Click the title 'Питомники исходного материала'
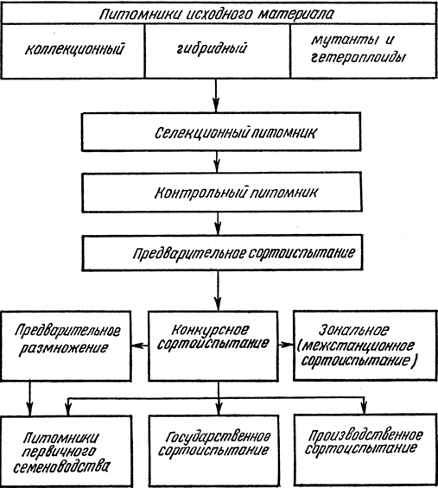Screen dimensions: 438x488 click(x=216, y=15)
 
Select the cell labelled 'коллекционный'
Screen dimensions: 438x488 click(x=73, y=51)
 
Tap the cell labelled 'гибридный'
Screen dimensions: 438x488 click(x=218, y=51)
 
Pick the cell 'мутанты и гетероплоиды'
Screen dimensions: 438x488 click(x=364, y=51)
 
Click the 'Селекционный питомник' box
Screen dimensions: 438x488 click(x=221, y=132)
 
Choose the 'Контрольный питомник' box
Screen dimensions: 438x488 click(x=222, y=193)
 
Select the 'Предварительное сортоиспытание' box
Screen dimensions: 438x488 click(x=222, y=253)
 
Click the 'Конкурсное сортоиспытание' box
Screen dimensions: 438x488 click(x=213, y=345)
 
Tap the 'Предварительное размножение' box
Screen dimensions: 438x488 click(x=66, y=345)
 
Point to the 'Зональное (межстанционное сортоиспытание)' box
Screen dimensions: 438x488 click(x=365, y=345)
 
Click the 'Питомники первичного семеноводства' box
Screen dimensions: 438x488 click(x=66, y=451)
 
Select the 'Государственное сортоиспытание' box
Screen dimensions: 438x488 click(x=213, y=451)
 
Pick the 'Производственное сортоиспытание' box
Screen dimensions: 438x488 click(x=365, y=450)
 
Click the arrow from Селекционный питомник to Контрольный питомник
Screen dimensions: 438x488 click(x=218, y=162)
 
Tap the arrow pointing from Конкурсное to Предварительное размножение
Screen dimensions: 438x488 click(x=140, y=345)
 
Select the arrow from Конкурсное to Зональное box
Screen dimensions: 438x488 click(x=285, y=345)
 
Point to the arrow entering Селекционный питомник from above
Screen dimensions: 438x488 click(x=216, y=96)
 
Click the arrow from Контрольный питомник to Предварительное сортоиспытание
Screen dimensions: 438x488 click(x=218, y=224)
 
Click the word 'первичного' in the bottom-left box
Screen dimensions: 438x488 click(x=58, y=453)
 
